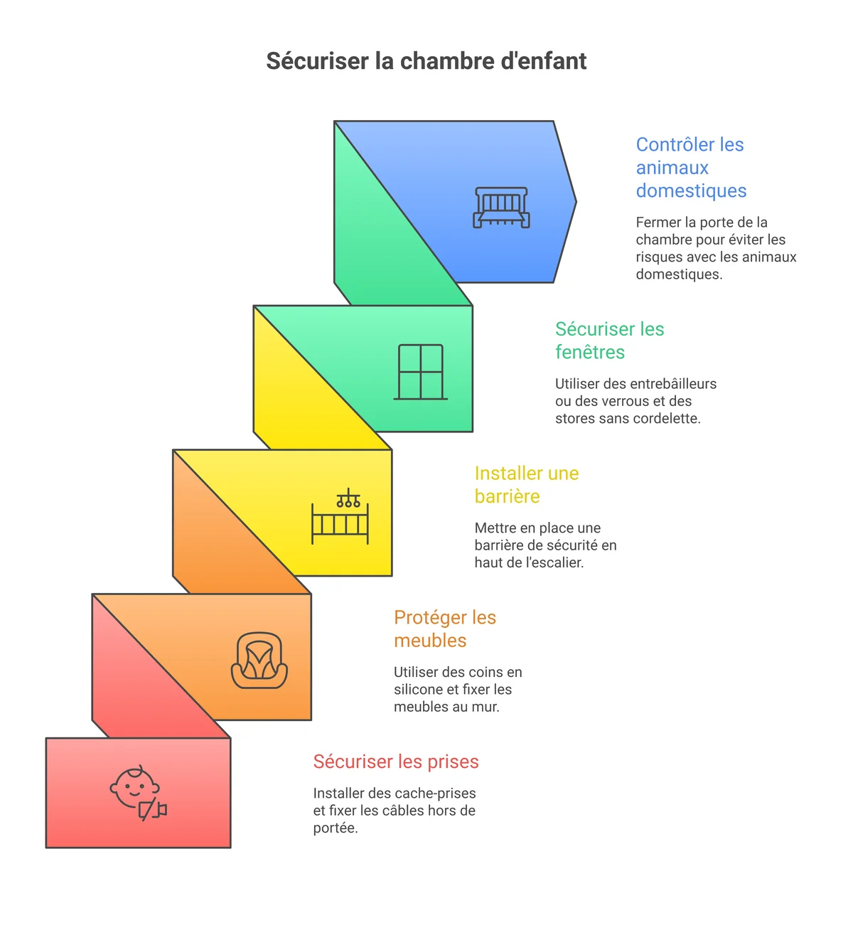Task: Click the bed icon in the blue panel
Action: (501, 208)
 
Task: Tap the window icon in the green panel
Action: (420, 372)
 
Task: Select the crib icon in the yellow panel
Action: (340, 516)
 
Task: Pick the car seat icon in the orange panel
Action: (259, 661)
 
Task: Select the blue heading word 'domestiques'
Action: (691, 191)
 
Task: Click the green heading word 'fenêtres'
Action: (589, 352)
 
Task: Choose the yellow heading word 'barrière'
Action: (507, 496)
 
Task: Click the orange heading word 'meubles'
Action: (430, 641)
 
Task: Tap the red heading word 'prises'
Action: (453, 762)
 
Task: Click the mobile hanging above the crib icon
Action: (348, 498)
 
